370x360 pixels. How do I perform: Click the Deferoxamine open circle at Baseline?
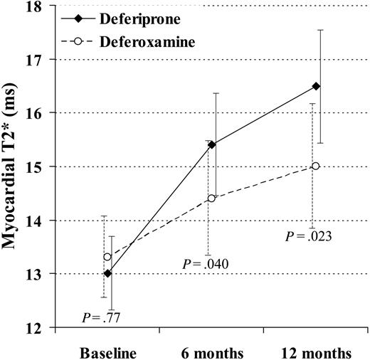(x=107, y=257)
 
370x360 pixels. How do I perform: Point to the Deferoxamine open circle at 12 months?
(x=315, y=166)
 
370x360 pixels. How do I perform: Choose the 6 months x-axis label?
(x=211, y=352)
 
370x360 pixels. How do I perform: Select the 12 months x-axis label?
(x=316, y=352)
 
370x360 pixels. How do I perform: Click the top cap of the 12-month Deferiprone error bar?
(x=320, y=30)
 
